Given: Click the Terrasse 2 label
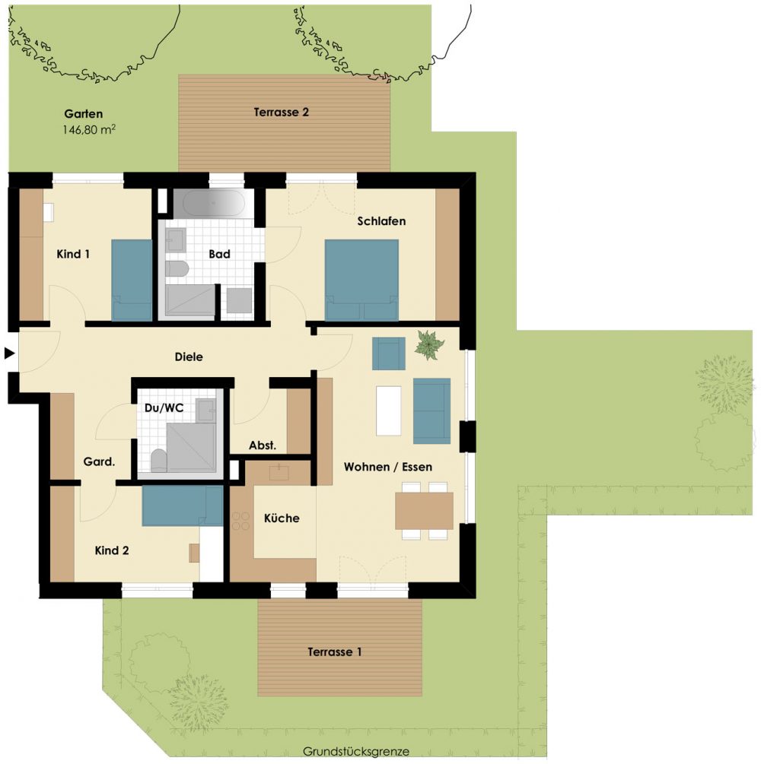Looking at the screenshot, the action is click(281, 112).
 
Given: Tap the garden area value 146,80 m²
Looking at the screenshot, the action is click(89, 129).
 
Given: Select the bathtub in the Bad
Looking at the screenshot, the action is click(214, 202).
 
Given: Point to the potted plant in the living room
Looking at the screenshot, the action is click(428, 344).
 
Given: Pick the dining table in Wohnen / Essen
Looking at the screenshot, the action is click(424, 511).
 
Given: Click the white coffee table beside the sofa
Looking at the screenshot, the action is click(388, 411).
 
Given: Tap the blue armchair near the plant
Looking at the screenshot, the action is click(388, 353).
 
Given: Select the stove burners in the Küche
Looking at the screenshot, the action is click(241, 521).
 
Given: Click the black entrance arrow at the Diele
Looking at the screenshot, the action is click(9, 353).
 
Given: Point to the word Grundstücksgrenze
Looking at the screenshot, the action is click(355, 751).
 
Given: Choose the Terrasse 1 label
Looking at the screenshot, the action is click(335, 652).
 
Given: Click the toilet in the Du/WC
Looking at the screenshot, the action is click(158, 461).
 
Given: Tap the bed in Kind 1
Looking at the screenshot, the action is click(132, 280).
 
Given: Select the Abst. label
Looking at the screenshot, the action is click(263, 445).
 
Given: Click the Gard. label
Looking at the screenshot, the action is click(99, 461).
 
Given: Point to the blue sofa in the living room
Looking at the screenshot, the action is click(431, 411).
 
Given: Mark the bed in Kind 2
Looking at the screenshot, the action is click(183, 506).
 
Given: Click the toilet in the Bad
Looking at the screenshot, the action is click(177, 269).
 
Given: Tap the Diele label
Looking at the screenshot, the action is click(189, 357).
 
